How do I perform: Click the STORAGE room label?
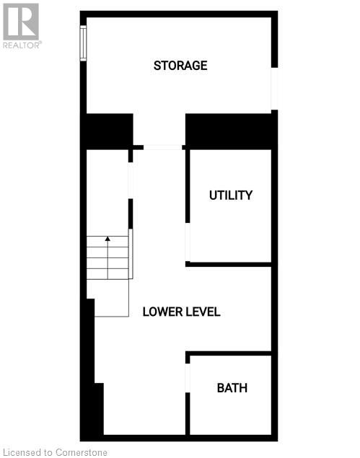pyautogui.click(x=180, y=66)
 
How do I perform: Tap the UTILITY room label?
pyautogui.click(x=231, y=195)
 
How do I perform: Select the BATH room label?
pyautogui.click(x=232, y=388)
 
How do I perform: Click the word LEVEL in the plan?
pyautogui.click(x=201, y=312)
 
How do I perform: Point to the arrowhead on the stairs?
pyautogui.click(x=107, y=239)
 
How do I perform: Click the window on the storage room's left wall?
pyautogui.click(x=83, y=43)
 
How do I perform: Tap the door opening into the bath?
pyautogui.click(x=188, y=378)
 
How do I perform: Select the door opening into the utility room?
pyautogui.click(x=188, y=242)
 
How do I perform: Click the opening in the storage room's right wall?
pyautogui.click(x=274, y=89)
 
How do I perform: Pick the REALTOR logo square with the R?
pyautogui.click(x=21, y=22)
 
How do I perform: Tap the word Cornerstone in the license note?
pyautogui.click(x=82, y=452)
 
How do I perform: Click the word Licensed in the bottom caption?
pyautogui.click(x=22, y=452)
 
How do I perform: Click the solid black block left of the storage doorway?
pyautogui.click(x=110, y=131)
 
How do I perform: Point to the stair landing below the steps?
pyautogui.click(x=111, y=298)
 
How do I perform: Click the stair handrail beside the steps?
pyautogui.click(x=131, y=254)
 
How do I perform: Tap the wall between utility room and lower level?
pyautogui.click(x=229, y=265)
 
